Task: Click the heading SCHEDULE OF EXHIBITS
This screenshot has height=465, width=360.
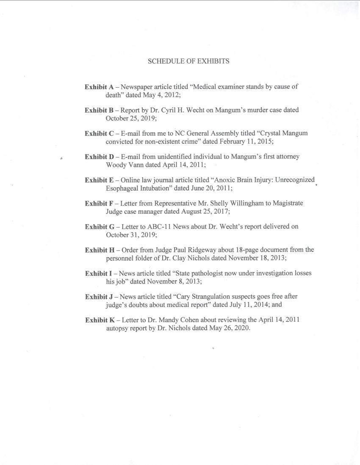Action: (188, 61)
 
